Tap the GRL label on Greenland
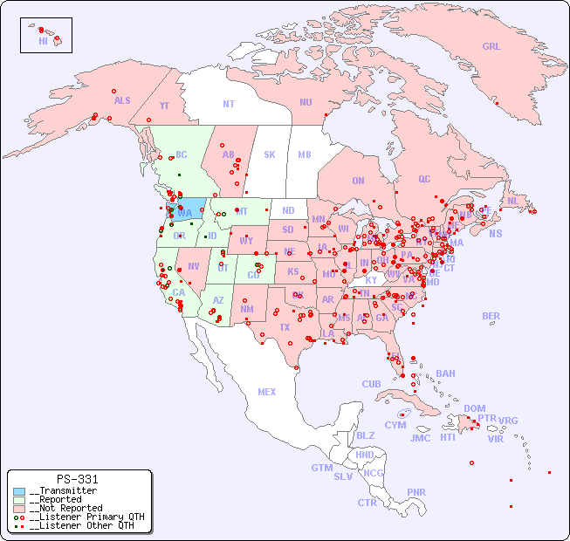point(491,47)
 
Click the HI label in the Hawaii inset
point(43,41)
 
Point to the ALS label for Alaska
point(122,100)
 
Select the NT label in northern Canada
point(228,104)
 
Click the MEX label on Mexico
point(267,392)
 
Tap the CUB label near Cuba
point(371,384)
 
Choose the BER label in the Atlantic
point(491,316)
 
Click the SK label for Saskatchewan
point(270,154)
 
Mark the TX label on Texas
point(285,328)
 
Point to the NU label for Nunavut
point(306,102)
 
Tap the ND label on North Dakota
point(288,210)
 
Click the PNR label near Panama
point(416,492)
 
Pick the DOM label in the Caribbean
point(474,408)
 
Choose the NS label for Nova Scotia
point(495,233)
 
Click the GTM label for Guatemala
point(321,468)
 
